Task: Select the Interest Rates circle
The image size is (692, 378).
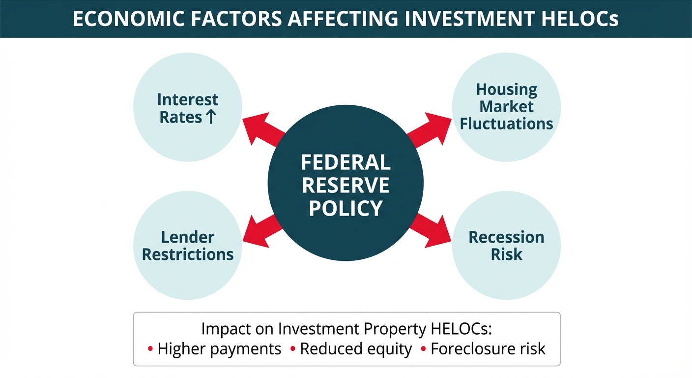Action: point(188,107)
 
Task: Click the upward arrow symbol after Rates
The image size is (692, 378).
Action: point(210,117)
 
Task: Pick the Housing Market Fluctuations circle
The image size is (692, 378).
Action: point(506,107)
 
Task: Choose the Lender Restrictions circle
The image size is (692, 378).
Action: point(188,245)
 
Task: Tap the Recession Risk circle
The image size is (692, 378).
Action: point(506,245)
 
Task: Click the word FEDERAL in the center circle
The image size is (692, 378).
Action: point(346,162)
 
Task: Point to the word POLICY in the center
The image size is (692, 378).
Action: point(346,209)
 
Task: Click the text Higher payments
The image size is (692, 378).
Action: point(219,349)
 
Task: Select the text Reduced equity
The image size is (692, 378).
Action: point(356,349)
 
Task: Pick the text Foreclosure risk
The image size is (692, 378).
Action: point(488,349)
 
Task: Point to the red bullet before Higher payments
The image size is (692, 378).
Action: point(150,349)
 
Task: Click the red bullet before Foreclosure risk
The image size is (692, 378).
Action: point(423,349)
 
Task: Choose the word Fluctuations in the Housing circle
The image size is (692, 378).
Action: point(506,124)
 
